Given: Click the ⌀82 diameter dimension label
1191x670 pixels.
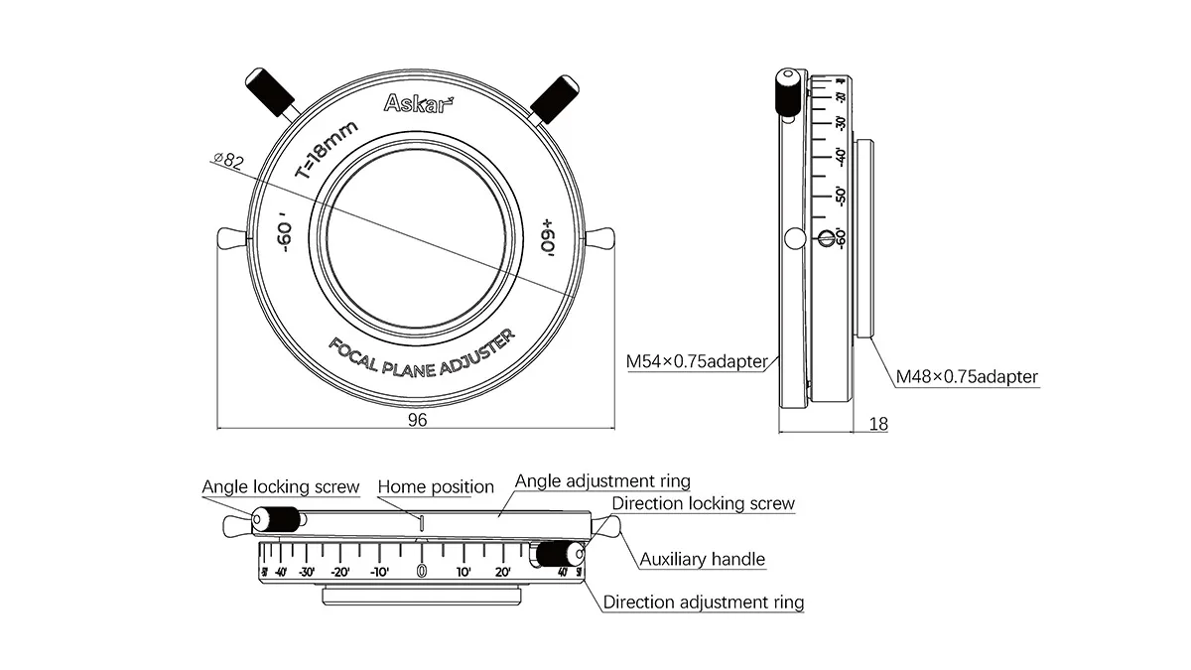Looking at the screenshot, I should [228, 160].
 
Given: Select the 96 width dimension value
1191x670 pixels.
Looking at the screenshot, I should [417, 420].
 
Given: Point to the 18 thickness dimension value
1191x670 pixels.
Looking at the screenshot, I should [878, 424].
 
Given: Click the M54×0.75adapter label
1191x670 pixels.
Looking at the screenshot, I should [697, 362].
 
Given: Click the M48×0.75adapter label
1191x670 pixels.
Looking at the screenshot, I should [967, 377].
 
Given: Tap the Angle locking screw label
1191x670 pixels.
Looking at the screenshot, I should [280, 487].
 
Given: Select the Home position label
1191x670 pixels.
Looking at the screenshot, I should [436, 487].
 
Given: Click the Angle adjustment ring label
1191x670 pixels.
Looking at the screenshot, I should [602, 481].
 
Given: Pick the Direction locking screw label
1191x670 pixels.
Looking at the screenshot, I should [703, 503].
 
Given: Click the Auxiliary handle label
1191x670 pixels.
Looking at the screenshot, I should [702, 559].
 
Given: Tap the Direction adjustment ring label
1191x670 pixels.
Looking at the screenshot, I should [704, 602].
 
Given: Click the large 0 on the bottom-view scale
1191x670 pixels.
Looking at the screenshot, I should [421, 571].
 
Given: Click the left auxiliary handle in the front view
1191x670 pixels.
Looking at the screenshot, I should [229, 238].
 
